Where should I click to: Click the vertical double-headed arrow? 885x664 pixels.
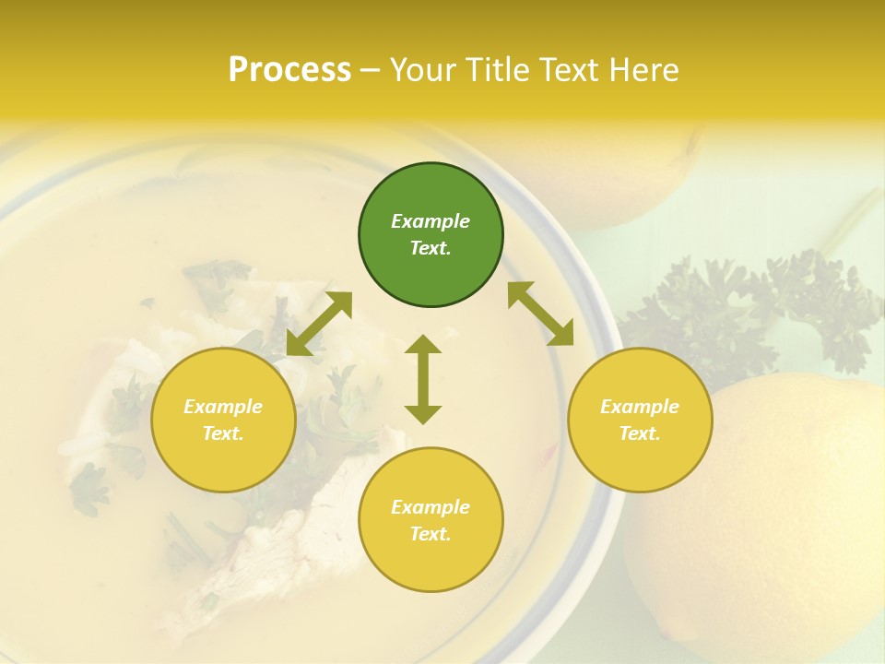[x=423, y=379]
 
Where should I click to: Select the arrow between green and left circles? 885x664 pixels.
[x=319, y=324]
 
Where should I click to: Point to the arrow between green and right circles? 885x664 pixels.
[x=540, y=314]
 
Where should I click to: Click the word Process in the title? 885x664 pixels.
[x=289, y=70]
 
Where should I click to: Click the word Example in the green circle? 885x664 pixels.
[x=431, y=221]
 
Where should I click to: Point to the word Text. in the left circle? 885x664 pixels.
[x=223, y=433]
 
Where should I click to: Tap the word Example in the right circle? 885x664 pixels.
[x=640, y=407]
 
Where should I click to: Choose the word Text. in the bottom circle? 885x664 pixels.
[x=431, y=534]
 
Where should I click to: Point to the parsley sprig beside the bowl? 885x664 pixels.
[x=747, y=314]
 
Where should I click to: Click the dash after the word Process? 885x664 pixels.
[x=371, y=70]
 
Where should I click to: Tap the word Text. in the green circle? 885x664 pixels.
[x=431, y=248]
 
